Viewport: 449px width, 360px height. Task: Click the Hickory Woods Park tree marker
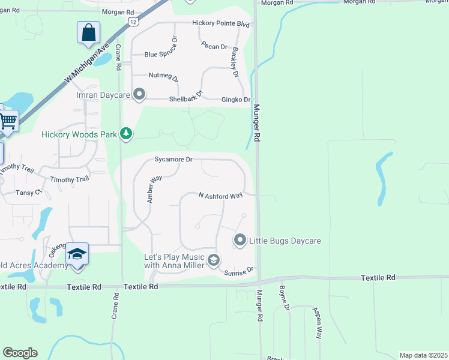pos(126,133)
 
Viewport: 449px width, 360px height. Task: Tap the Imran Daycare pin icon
pos(139,94)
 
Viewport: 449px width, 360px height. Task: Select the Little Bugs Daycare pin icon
pos(240,241)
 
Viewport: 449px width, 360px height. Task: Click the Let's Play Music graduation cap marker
pos(214,260)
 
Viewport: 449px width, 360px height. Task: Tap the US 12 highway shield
pos(132,22)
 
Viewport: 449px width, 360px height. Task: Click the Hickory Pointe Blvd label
pos(220,23)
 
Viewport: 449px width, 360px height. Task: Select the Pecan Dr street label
pos(214,46)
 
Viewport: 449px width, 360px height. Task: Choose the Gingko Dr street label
pos(235,99)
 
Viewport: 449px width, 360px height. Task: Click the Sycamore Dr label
pos(173,160)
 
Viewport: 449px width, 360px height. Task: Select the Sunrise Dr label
pos(239,272)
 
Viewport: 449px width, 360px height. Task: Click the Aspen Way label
pos(317,323)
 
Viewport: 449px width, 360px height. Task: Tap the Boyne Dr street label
pos(284,298)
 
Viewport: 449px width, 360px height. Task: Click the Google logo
pos(20,353)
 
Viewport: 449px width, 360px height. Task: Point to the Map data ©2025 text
pos(424,355)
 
